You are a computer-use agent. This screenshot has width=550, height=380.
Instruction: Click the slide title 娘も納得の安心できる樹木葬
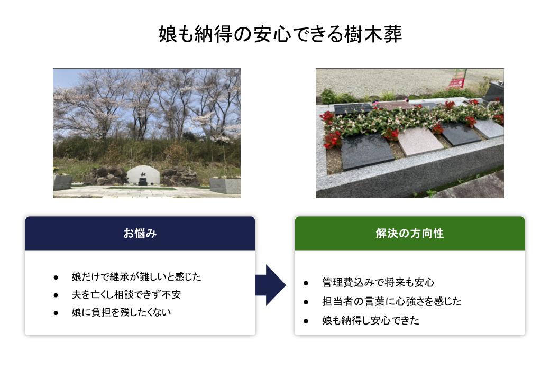(280, 34)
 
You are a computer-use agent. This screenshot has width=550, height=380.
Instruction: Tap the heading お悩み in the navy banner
(140, 233)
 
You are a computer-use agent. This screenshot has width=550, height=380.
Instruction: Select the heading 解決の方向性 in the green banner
(410, 233)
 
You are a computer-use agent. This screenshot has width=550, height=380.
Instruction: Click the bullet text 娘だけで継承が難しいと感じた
(136, 276)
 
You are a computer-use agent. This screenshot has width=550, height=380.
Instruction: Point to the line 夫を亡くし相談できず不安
(126, 294)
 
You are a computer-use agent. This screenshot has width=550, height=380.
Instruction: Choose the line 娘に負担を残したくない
(121, 312)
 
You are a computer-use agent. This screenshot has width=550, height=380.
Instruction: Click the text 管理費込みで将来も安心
(378, 283)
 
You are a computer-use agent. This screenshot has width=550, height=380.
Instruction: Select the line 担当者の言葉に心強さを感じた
(392, 301)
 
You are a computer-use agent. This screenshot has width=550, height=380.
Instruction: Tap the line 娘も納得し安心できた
(370, 320)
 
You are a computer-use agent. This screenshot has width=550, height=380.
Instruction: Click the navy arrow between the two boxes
(270, 285)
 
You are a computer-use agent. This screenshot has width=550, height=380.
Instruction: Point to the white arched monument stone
(143, 175)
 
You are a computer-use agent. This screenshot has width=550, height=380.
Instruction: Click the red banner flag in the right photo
(457, 79)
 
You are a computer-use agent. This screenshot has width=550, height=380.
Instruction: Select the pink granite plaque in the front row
(420, 141)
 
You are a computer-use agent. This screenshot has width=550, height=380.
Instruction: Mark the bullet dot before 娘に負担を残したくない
(56, 313)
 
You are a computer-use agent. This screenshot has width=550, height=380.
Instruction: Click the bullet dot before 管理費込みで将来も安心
(306, 283)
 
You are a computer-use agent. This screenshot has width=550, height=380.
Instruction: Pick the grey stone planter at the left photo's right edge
(225, 185)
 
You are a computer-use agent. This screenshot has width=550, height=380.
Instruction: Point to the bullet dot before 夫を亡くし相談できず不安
(56, 295)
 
